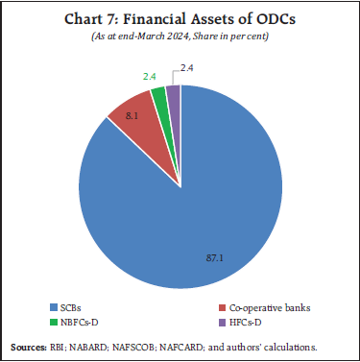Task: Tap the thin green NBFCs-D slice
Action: [158, 93]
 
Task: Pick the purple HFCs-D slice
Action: [173, 91]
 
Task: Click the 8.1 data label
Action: [117, 117]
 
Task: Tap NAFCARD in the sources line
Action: [201, 345]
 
